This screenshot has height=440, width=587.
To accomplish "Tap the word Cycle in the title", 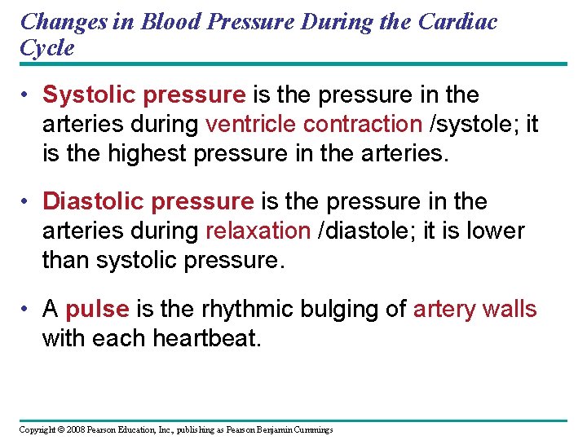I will click(x=47, y=47).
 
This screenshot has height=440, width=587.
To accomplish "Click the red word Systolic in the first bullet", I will click(x=90, y=95).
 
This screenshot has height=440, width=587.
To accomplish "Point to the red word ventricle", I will click(x=251, y=124).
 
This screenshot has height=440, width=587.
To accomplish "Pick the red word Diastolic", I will click(x=95, y=202).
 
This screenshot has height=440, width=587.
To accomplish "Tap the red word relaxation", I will click(x=258, y=231).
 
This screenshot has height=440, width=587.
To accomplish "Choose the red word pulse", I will click(x=97, y=310).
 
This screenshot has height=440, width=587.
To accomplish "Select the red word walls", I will click(x=510, y=310).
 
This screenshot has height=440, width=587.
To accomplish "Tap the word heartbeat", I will click(x=207, y=338).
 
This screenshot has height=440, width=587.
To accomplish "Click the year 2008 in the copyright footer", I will click(x=72, y=429).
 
